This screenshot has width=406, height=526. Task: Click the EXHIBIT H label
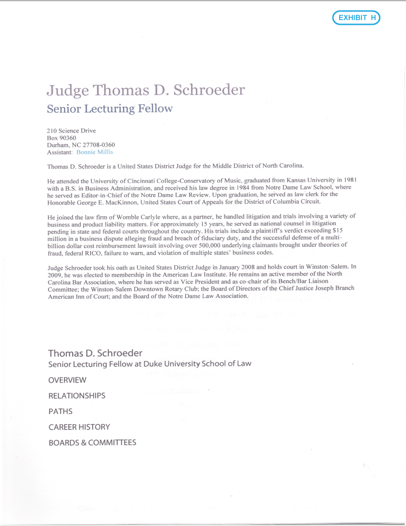(356, 18)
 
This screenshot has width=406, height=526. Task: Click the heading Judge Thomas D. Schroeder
(146, 90)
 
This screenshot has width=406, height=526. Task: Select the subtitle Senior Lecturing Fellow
(109, 109)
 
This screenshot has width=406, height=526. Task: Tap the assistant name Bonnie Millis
(95, 152)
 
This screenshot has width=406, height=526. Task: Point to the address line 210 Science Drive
(71, 131)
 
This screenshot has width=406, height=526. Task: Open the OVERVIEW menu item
(67, 380)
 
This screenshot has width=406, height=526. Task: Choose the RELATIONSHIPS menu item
(77, 396)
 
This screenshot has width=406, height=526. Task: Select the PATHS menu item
(60, 411)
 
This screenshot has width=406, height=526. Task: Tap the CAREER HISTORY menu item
(79, 427)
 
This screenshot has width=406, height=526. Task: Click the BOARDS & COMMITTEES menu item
(92, 443)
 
